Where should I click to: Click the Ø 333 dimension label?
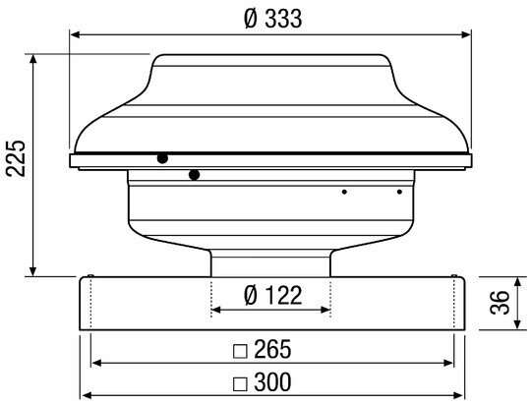273,19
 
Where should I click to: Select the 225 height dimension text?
16,158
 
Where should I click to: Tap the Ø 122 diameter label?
273,295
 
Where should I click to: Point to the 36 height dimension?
501,303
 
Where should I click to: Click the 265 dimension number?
272,349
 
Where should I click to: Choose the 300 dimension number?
272,381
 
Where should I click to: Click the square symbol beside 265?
241,351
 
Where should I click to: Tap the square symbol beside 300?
241,383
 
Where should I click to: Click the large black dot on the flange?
162,158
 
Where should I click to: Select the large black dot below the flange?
195,175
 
